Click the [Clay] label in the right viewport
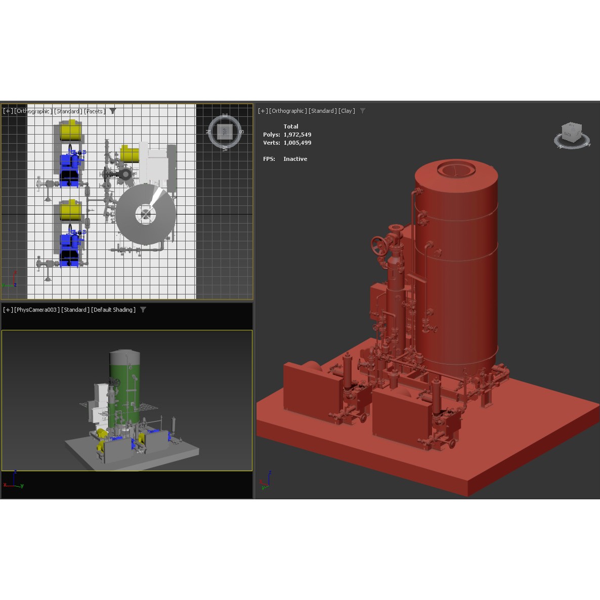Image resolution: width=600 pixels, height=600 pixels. point(347,111)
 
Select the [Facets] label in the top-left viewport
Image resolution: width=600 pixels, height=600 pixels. point(95,111)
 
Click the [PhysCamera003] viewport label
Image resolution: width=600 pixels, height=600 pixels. point(37,310)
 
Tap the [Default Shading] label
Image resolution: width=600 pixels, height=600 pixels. point(113,310)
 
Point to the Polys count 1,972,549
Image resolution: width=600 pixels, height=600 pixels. point(297,135)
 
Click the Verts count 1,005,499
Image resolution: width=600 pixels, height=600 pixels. point(297,143)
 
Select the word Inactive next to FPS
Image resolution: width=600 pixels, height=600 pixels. point(295,159)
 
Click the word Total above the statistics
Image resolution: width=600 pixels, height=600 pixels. point(291,126)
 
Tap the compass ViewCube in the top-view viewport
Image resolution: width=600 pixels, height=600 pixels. point(225,132)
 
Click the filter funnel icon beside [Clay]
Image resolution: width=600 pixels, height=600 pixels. point(362,111)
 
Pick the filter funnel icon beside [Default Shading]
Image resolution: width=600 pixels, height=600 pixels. point(143,310)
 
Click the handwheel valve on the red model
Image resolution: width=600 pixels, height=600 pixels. point(378,246)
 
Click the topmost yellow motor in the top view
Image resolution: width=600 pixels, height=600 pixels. point(70,131)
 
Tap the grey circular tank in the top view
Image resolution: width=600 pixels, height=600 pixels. point(146,215)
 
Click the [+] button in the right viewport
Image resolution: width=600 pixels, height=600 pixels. point(263,111)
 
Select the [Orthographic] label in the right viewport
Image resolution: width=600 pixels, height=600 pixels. point(288,111)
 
